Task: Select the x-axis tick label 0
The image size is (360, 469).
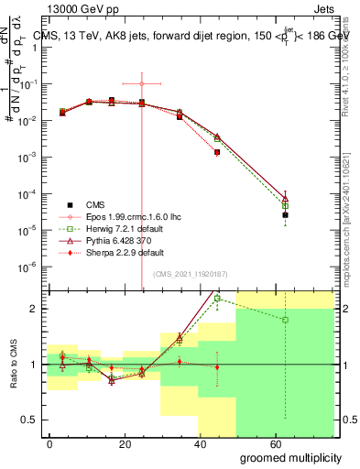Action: (x=49, y=442)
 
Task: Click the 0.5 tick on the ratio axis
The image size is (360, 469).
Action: (x=27, y=420)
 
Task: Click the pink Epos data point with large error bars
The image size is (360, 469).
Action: (x=141, y=83)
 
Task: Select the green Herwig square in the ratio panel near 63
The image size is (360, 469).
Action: (x=286, y=320)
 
